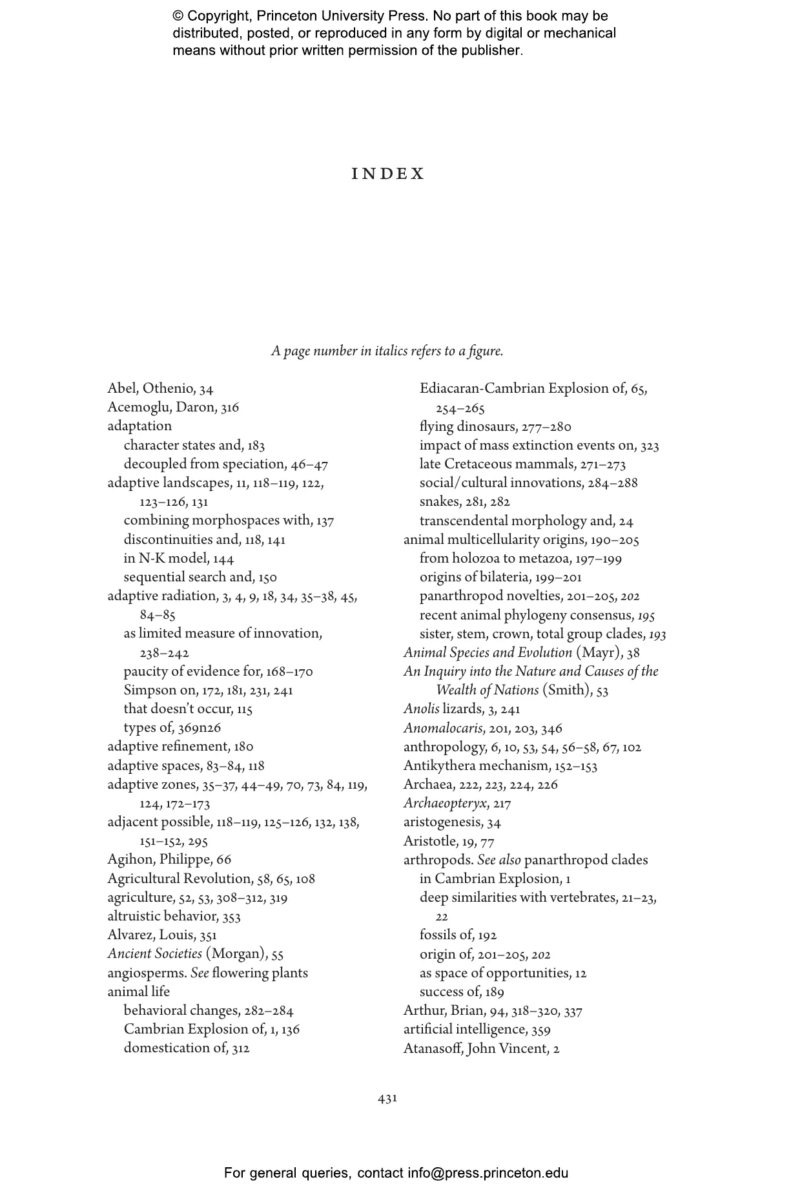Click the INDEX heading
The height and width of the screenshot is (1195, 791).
pos(388,174)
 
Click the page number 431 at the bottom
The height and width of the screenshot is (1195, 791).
pos(387,1097)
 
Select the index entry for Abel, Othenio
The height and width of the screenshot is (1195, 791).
pos(160,388)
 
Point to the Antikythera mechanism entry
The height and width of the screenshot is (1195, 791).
pos(500,765)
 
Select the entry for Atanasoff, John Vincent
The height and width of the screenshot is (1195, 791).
pos(481,1048)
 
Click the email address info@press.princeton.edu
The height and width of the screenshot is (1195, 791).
pos(488,1172)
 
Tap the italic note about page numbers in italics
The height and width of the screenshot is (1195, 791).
pos(387,351)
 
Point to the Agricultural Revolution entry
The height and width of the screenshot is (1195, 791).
pos(211,878)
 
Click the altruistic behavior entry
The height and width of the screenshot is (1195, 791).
pos(174,916)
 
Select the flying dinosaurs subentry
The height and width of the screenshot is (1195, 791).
pos(495,426)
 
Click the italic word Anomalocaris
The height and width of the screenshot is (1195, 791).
pos(443,728)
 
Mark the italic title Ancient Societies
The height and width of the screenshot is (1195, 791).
pos(154,953)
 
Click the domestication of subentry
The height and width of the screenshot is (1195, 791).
pos(186,1048)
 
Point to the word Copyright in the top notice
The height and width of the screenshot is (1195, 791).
pos(218,16)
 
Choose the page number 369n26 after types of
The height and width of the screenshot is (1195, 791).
pos(200,728)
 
